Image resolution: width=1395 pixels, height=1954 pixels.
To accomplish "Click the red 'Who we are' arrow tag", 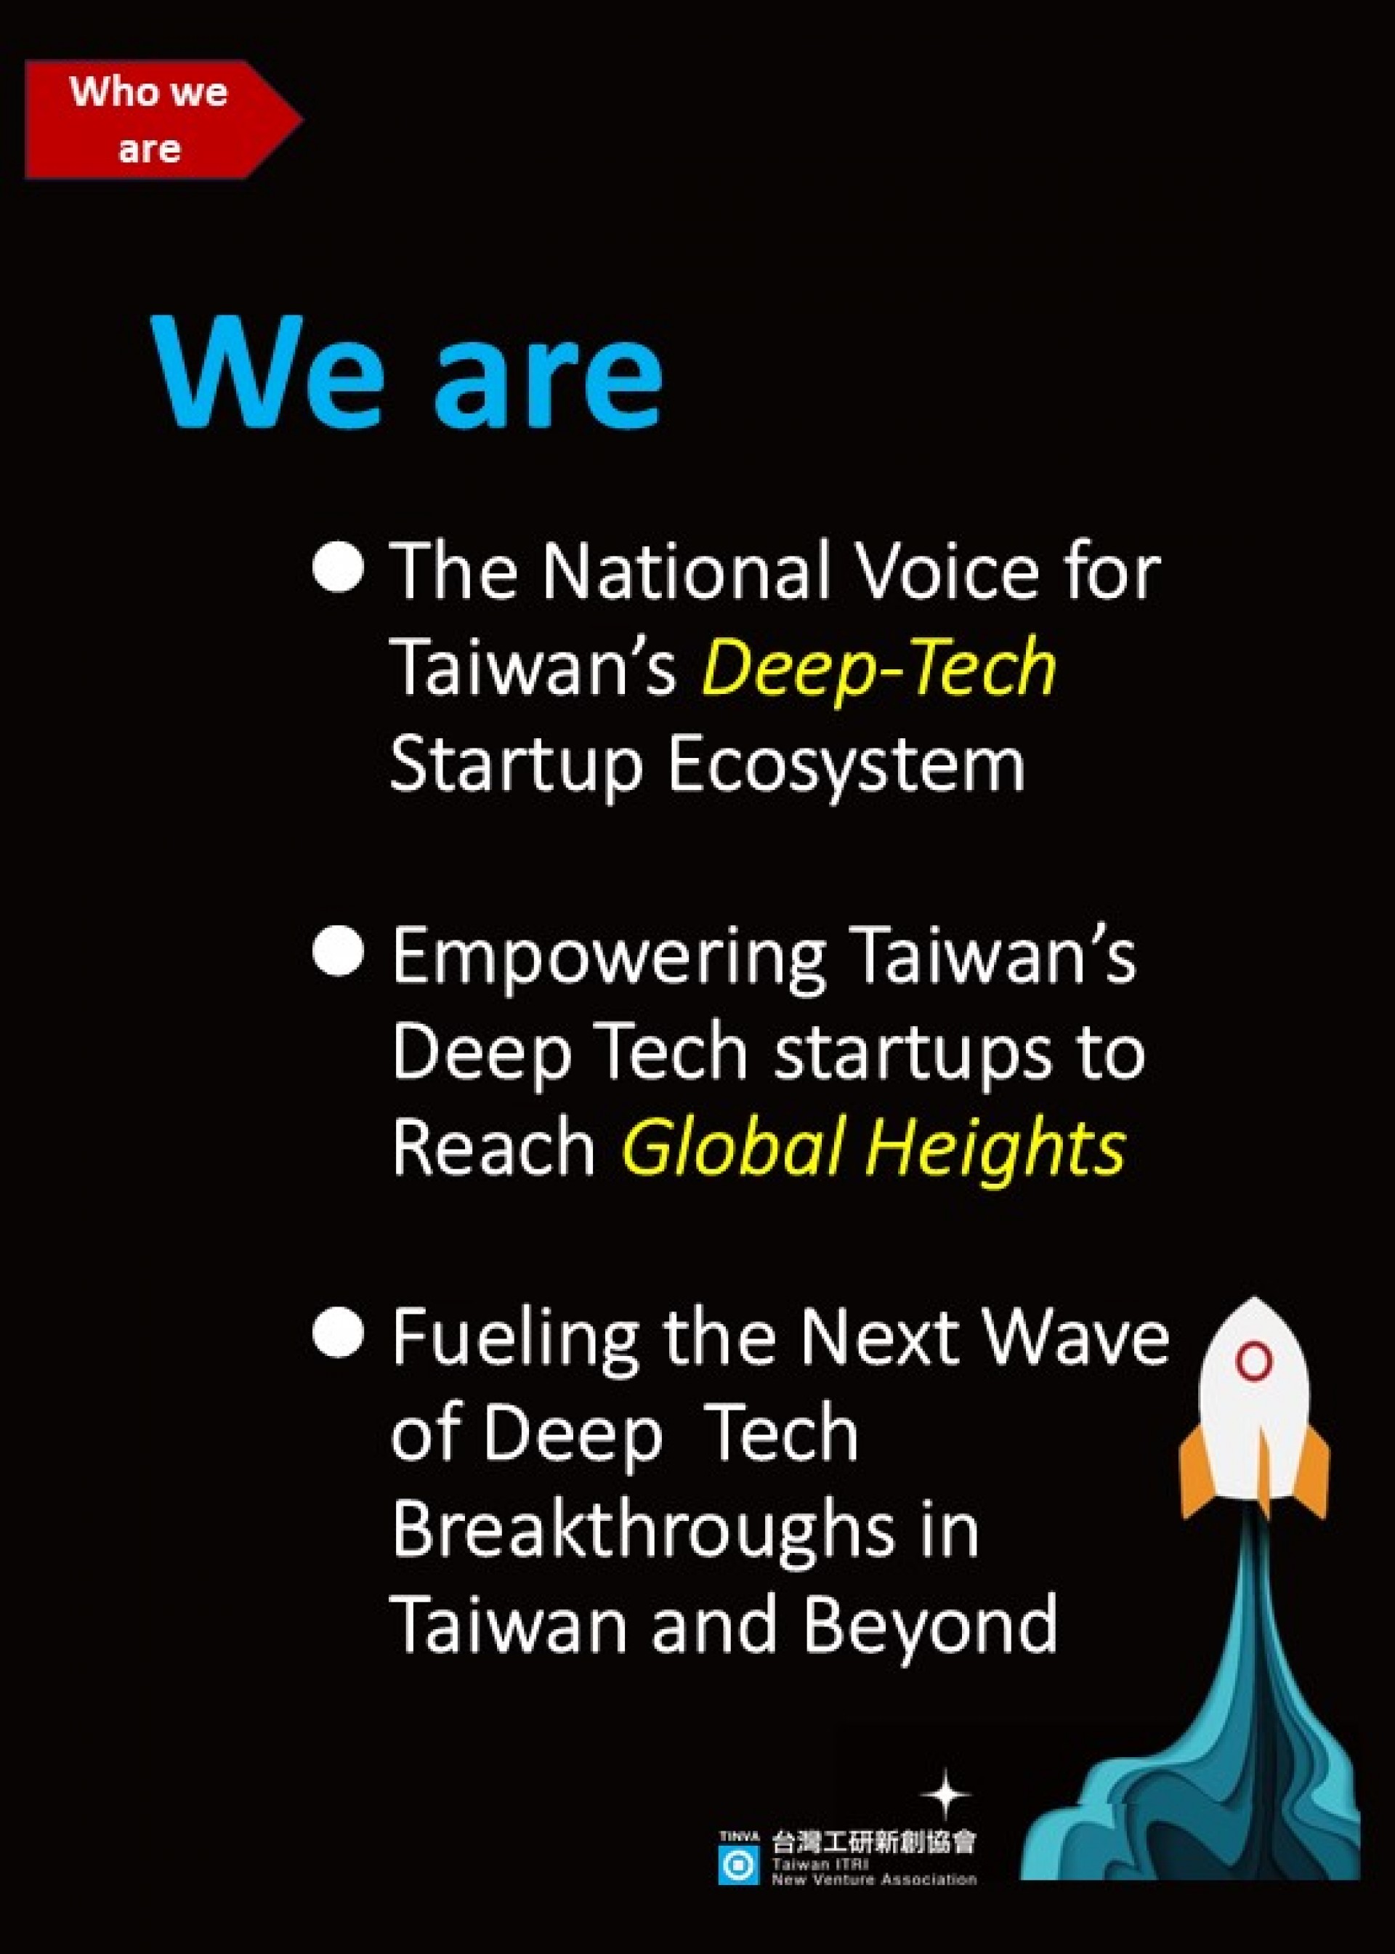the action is [x=163, y=119].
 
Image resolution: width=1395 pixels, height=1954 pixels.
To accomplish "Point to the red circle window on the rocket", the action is [x=1254, y=1361].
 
